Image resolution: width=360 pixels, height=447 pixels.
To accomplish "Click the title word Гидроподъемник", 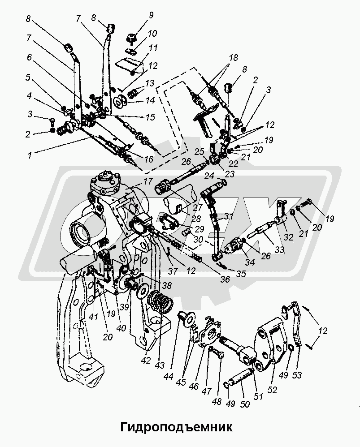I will tap(176, 426).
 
